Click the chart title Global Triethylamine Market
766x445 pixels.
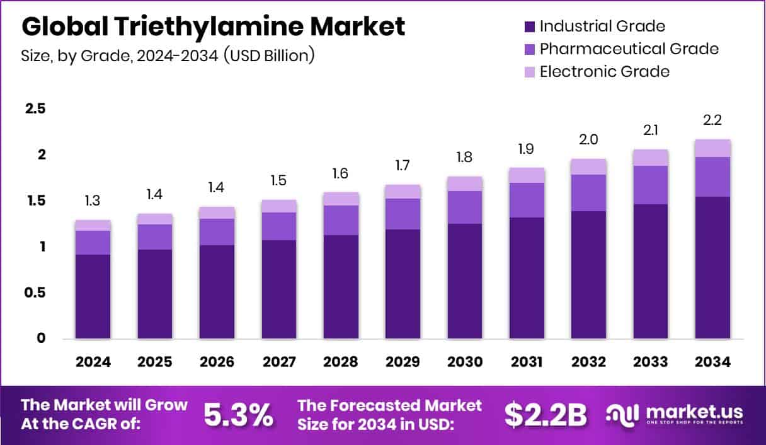[213, 27]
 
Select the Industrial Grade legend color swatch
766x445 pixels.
[529, 26]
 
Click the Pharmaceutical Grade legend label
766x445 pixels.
[629, 49]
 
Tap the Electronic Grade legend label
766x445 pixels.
[604, 71]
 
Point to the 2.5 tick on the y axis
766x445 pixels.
[35, 109]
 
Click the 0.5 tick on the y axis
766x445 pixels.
[35, 293]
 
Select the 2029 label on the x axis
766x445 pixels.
[403, 362]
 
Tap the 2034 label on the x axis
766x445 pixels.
[713, 362]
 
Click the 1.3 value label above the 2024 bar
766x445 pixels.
[93, 202]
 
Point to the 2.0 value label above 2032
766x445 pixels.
[589, 140]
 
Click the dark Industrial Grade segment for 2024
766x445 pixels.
[93, 296]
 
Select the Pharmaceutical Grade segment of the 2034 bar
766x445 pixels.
[713, 176]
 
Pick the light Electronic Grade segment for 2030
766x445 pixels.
[465, 183]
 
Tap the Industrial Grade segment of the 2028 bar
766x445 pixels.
[341, 287]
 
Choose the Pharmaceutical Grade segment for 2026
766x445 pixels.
[217, 231]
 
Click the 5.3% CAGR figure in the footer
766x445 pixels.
[239, 414]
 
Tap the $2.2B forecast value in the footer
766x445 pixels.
[546, 414]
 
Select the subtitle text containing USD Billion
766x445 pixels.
[168, 55]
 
